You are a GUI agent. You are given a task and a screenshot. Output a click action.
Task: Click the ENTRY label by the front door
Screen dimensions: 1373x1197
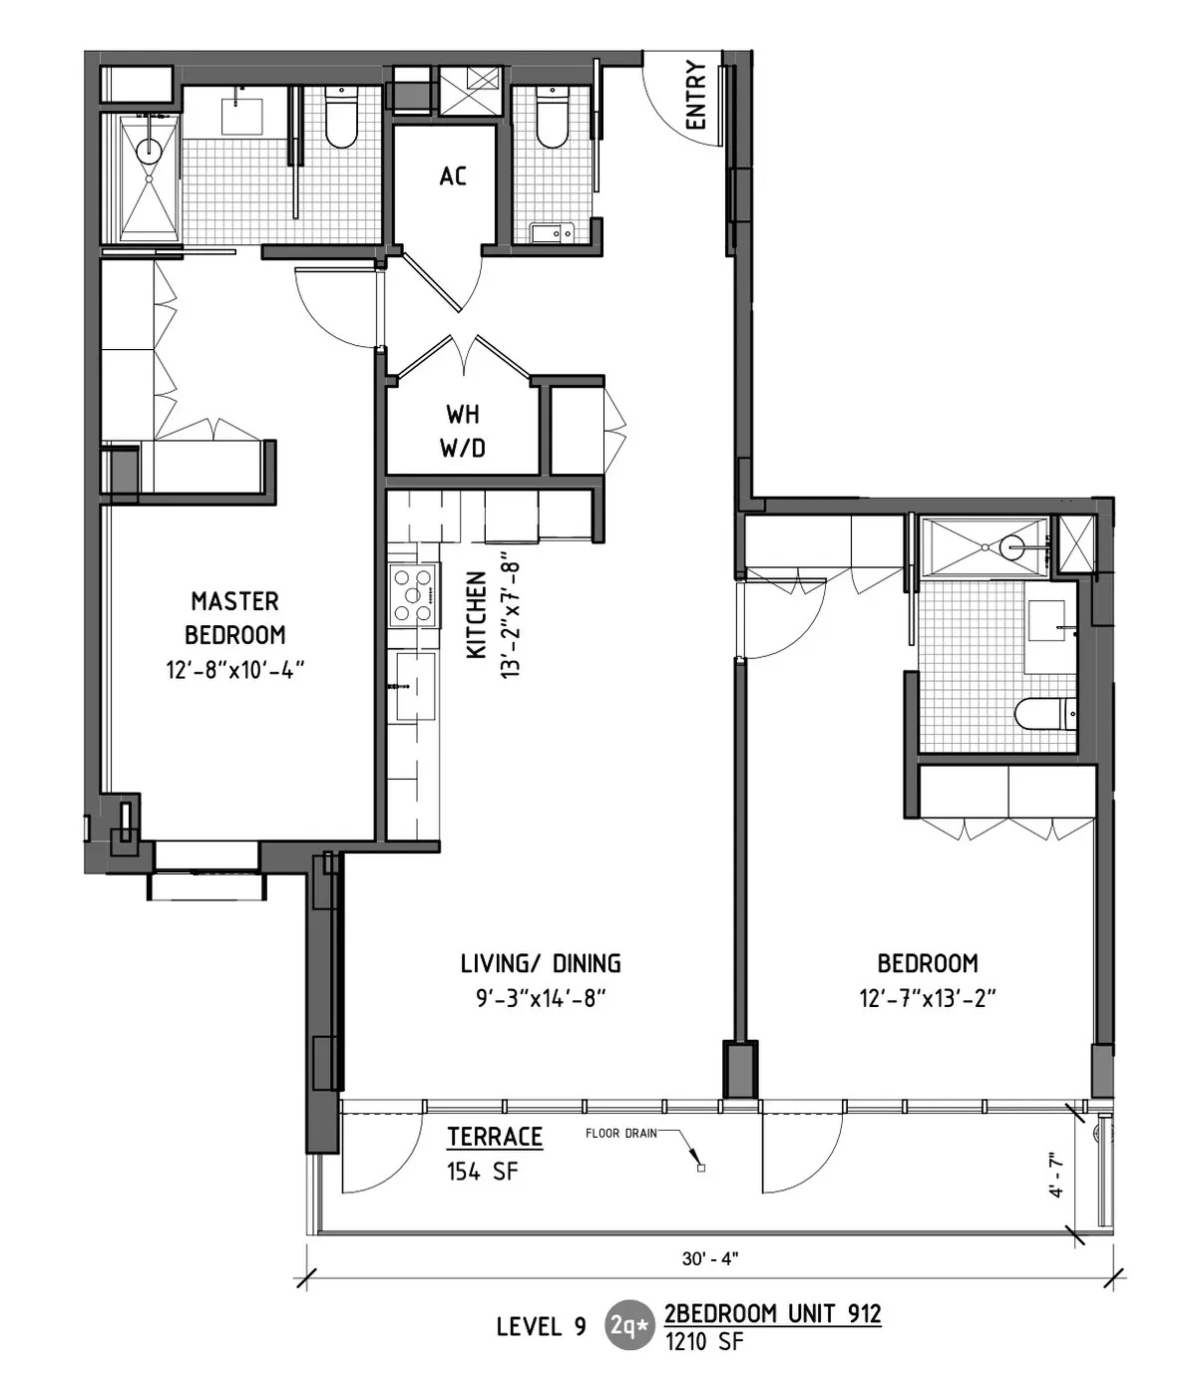pos(696,96)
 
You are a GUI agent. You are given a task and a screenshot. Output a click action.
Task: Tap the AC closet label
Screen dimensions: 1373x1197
pos(453,176)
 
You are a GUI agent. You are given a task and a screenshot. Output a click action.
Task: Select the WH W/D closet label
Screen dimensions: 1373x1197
pos(463,431)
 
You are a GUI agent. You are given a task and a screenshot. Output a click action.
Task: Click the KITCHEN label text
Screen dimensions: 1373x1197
pos(477,614)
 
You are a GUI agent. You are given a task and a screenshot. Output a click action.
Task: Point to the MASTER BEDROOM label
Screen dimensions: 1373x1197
pos(235,617)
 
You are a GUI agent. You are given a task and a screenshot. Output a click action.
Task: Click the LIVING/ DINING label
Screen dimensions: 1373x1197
pos(541,963)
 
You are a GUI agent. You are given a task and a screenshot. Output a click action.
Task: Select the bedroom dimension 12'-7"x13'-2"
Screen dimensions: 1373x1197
pos(928,997)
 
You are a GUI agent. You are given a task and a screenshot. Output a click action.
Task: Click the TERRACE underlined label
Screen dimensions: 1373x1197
pos(495,1137)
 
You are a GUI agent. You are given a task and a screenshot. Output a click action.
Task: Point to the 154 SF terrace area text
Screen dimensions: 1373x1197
pos(483,1172)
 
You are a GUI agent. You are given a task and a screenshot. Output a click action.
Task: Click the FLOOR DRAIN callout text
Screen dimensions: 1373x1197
pos(620,1133)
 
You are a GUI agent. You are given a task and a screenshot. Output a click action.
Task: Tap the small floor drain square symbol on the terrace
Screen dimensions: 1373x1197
pos(701,1168)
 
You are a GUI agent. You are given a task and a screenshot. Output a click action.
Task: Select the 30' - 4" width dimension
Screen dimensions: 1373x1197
pos(710,1258)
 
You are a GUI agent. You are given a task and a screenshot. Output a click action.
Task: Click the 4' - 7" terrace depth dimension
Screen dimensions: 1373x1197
pos(1056,1175)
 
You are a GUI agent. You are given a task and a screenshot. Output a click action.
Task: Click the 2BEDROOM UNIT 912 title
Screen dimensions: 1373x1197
pos(773,1313)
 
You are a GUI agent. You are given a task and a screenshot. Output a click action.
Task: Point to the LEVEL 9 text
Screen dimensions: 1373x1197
pos(541,1325)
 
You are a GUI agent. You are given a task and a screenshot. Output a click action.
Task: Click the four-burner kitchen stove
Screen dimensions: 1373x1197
pos(414,594)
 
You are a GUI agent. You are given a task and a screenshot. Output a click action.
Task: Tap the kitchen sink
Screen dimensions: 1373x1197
pos(416,686)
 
